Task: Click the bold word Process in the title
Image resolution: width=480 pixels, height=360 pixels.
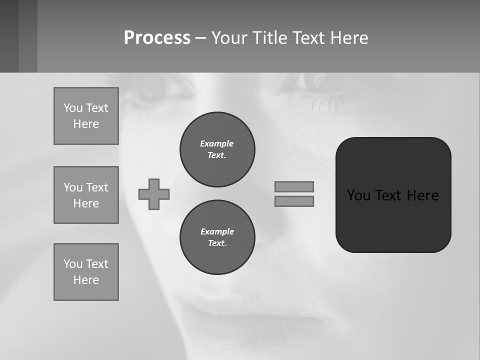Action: pos(157,38)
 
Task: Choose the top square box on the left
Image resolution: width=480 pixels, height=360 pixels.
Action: pos(86,116)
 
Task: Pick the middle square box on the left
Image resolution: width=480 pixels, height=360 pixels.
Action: pos(86,195)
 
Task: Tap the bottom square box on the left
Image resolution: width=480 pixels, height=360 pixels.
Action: pos(86,272)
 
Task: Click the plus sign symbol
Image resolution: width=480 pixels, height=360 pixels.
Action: pos(154,194)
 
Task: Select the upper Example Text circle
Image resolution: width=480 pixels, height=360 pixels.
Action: pos(217,149)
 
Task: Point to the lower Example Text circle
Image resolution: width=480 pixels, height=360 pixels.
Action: pos(217,237)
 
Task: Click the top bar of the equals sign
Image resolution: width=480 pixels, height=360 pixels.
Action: pos(294,186)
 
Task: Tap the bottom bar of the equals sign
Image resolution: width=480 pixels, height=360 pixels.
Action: pos(294,201)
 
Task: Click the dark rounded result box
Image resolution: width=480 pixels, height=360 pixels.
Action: pos(393,220)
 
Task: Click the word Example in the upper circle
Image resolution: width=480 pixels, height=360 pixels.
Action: pos(217,143)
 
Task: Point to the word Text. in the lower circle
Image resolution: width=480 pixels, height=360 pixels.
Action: pos(217,243)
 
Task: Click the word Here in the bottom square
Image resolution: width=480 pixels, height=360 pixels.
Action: pos(86,280)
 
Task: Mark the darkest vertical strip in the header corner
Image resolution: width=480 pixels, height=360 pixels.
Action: pos(9,36)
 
